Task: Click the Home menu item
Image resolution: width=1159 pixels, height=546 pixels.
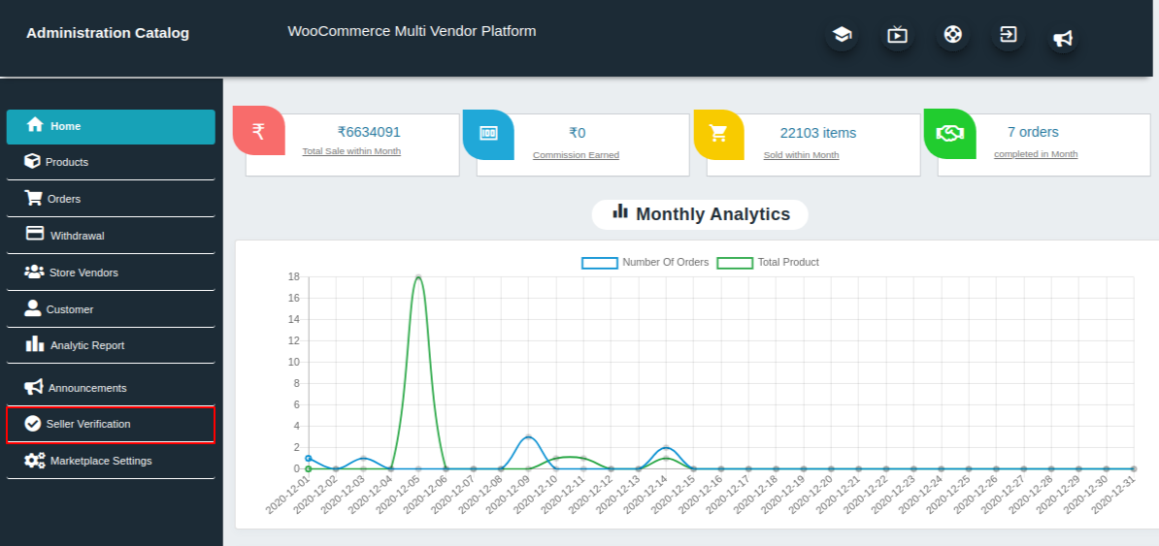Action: pyautogui.click(x=111, y=126)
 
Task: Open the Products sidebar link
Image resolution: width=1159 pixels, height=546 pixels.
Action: pyautogui.click(x=67, y=162)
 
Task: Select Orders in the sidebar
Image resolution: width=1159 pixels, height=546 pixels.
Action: pyautogui.click(x=64, y=199)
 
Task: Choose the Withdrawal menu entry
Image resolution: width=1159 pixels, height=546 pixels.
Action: pyautogui.click(x=77, y=236)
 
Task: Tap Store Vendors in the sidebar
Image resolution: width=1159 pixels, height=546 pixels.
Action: pyautogui.click(x=83, y=273)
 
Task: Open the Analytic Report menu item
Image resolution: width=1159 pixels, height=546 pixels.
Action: pyautogui.click(x=86, y=345)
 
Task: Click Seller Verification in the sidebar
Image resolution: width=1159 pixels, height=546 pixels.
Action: pyautogui.click(x=87, y=424)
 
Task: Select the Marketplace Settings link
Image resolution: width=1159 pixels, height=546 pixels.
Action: pyautogui.click(x=100, y=461)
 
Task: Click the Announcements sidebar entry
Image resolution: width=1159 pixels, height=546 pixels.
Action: pyautogui.click(x=86, y=388)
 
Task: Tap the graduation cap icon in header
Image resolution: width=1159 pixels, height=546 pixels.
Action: pyautogui.click(x=842, y=35)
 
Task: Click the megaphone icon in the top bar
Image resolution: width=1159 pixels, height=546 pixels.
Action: pyautogui.click(x=1063, y=38)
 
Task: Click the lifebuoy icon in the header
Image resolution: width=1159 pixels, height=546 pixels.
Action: pyautogui.click(x=952, y=35)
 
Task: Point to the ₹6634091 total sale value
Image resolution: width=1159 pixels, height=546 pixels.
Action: pyautogui.click(x=369, y=132)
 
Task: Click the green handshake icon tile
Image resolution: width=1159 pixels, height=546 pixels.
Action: pyautogui.click(x=949, y=134)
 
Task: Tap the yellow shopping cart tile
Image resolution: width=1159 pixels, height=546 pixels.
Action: pyautogui.click(x=718, y=134)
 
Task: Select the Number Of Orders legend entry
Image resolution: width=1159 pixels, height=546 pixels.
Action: pyautogui.click(x=646, y=262)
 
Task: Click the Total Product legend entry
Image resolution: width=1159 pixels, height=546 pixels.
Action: pyautogui.click(x=768, y=262)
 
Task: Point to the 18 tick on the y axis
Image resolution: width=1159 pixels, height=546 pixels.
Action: pyautogui.click(x=293, y=276)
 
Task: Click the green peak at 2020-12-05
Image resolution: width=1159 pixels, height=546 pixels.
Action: pyautogui.click(x=418, y=277)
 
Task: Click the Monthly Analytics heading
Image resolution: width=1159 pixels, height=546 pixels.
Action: pyautogui.click(x=700, y=214)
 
